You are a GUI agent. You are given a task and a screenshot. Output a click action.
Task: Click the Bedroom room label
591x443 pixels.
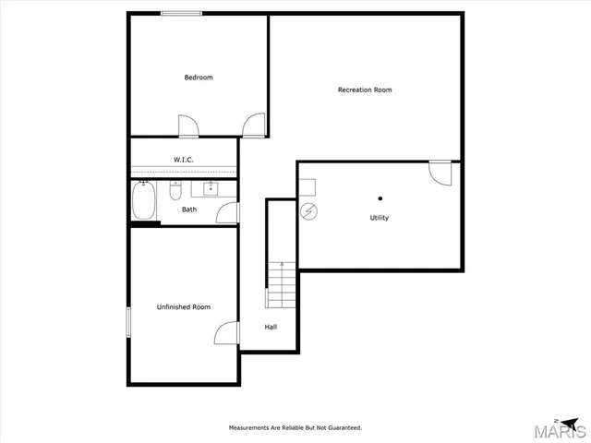pos(199,78)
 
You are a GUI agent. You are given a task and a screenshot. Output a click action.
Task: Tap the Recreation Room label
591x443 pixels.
pos(365,90)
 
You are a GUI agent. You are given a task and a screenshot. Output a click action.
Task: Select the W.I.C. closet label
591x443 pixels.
pos(184,160)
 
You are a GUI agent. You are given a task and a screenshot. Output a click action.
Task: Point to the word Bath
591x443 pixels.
pos(189,210)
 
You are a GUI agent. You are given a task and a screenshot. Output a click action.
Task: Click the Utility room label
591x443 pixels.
pos(380,218)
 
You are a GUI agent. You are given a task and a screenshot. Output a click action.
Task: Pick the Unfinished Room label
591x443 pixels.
pos(184,306)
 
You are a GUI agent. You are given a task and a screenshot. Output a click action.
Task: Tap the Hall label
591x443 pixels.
pos(271,327)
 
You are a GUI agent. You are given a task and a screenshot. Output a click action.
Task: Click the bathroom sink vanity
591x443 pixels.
pos(211,189)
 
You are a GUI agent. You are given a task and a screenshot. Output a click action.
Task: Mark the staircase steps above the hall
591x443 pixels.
pos(281,284)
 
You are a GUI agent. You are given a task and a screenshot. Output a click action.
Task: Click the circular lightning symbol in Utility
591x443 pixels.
pos(309,211)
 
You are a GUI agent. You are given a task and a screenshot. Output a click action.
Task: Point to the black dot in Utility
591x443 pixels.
pos(380,198)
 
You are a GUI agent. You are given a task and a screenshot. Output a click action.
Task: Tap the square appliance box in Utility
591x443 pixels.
pos(307,186)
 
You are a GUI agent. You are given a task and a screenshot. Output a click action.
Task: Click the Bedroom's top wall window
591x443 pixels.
pos(182,13)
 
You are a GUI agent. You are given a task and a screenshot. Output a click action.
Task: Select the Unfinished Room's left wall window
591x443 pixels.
pos(128,324)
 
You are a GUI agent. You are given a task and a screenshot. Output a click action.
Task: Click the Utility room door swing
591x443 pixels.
pos(440,173)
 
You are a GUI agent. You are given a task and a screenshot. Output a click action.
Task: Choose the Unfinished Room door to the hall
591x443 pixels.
pos(228,334)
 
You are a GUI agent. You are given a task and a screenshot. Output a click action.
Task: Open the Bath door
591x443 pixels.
pos(228,212)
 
